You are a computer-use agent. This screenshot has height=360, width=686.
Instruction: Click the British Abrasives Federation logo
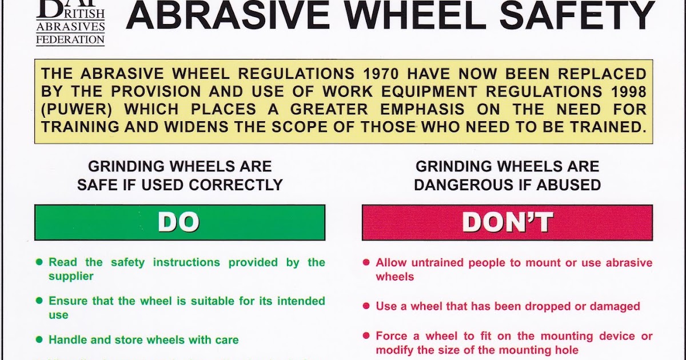point(70,22)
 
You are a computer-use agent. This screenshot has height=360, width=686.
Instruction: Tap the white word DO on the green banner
point(179,222)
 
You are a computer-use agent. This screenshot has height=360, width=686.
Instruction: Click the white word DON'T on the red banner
point(507,222)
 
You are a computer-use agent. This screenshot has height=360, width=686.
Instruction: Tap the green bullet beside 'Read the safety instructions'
point(39,262)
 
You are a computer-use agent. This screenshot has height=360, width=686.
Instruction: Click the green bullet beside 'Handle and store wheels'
point(39,339)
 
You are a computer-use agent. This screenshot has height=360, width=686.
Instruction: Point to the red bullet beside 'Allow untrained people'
point(366,263)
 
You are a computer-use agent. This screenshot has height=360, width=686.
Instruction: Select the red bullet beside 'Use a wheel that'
point(366,306)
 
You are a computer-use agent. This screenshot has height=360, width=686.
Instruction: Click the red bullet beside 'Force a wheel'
point(366,336)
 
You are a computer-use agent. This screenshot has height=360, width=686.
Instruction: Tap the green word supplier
point(71,276)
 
